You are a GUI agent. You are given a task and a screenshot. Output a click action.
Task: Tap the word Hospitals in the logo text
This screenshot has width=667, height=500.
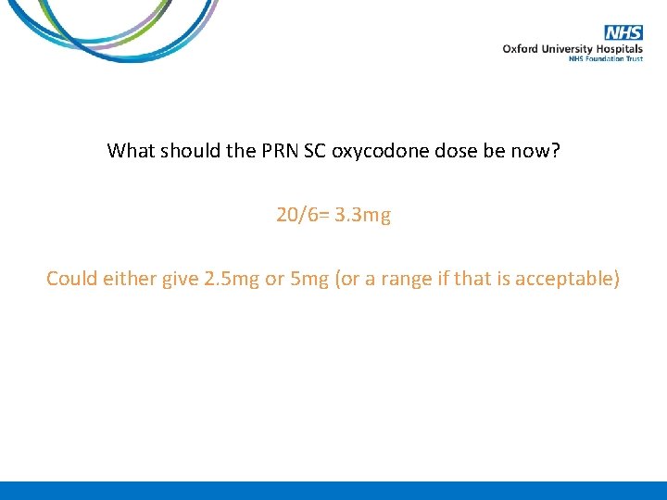click(x=620, y=48)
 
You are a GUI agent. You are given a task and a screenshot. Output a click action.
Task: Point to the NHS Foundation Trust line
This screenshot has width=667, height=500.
click(x=606, y=58)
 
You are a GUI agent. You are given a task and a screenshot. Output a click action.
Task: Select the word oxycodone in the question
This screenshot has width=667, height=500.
click(x=385, y=150)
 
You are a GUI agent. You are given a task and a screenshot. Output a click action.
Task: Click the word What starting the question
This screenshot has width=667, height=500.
click(x=132, y=150)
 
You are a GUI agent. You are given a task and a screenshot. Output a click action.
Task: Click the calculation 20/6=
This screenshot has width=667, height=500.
click(x=302, y=215)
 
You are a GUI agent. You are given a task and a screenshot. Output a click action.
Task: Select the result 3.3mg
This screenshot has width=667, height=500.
click(x=361, y=215)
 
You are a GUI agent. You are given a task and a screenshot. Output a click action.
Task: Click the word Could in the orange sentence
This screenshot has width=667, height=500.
click(x=70, y=278)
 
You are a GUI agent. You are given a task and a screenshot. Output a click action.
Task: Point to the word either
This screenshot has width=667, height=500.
click(x=128, y=278)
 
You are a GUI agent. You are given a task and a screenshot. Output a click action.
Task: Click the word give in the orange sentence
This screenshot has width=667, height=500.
click(x=180, y=278)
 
